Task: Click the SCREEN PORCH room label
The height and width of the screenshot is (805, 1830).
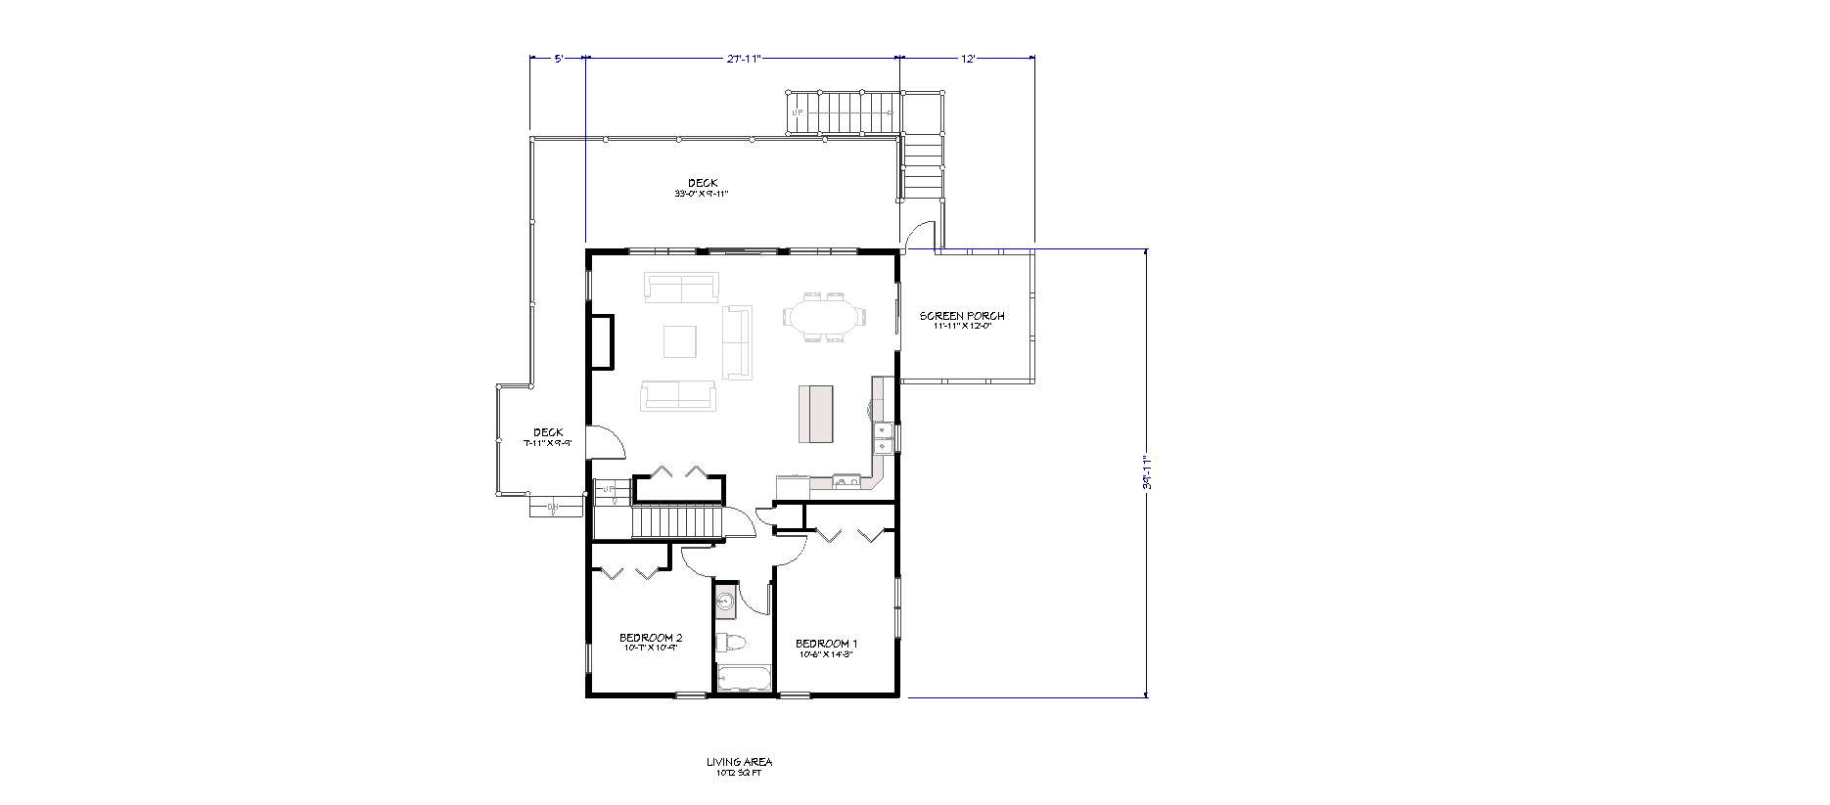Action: (961, 317)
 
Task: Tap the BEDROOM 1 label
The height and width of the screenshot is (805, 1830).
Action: (826, 644)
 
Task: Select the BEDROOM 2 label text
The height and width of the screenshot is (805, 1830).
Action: (651, 638)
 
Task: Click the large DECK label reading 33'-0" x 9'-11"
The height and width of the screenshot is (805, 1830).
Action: (702, 184)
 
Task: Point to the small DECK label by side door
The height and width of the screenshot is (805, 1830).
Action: (548, 433)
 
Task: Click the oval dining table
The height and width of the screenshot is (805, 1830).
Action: (823, 317)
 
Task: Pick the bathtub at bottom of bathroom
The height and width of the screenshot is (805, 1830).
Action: (744, 678)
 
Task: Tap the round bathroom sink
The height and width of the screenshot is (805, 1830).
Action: (725, 601)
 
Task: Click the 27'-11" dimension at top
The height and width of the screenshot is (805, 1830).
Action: (743, 59)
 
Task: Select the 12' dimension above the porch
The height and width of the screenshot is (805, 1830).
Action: (967, 59)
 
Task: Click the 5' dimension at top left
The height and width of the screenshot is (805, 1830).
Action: (558, 59)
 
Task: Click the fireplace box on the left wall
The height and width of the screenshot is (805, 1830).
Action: (601, 341)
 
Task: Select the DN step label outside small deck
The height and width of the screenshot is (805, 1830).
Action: (552, 507)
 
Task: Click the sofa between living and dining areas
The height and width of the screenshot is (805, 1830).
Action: (737, 341)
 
